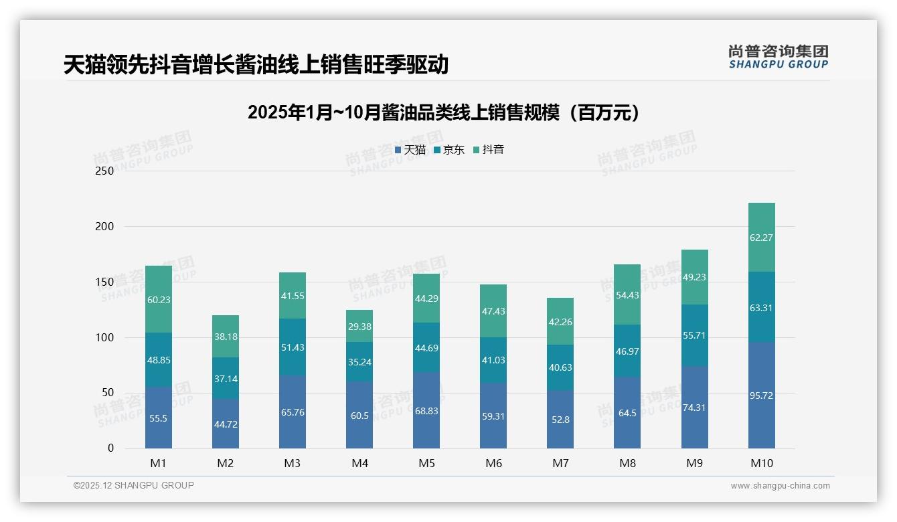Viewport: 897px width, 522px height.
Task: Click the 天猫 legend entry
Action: click(410, 150)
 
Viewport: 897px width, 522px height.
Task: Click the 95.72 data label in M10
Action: click(761, 396)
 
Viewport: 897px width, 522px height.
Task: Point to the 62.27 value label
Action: click(761, 238)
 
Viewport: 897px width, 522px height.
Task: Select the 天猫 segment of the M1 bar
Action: click(159, 418)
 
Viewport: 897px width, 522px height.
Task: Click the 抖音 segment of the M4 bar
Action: click(359, 326)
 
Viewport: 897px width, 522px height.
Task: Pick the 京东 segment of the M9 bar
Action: click(694, 335)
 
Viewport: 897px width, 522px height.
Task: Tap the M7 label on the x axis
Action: click(560, 463)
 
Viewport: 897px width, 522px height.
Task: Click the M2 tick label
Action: click(226, 463)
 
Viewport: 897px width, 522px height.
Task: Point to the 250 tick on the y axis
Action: click(105, 171)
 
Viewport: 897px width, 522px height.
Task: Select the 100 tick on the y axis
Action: click(105, 337)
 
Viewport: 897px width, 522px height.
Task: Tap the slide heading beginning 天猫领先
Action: click(256, 65)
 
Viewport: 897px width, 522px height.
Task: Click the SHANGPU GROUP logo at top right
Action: click(778, 57)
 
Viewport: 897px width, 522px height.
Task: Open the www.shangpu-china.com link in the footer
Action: click(780, 486)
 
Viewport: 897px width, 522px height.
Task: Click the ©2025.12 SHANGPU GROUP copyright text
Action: click(134, 485)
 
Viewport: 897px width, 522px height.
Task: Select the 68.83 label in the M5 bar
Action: click(426, 411)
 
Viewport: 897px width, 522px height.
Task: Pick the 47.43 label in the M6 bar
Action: click(493, 311)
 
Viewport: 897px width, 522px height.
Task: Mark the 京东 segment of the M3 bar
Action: click(293, 347)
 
